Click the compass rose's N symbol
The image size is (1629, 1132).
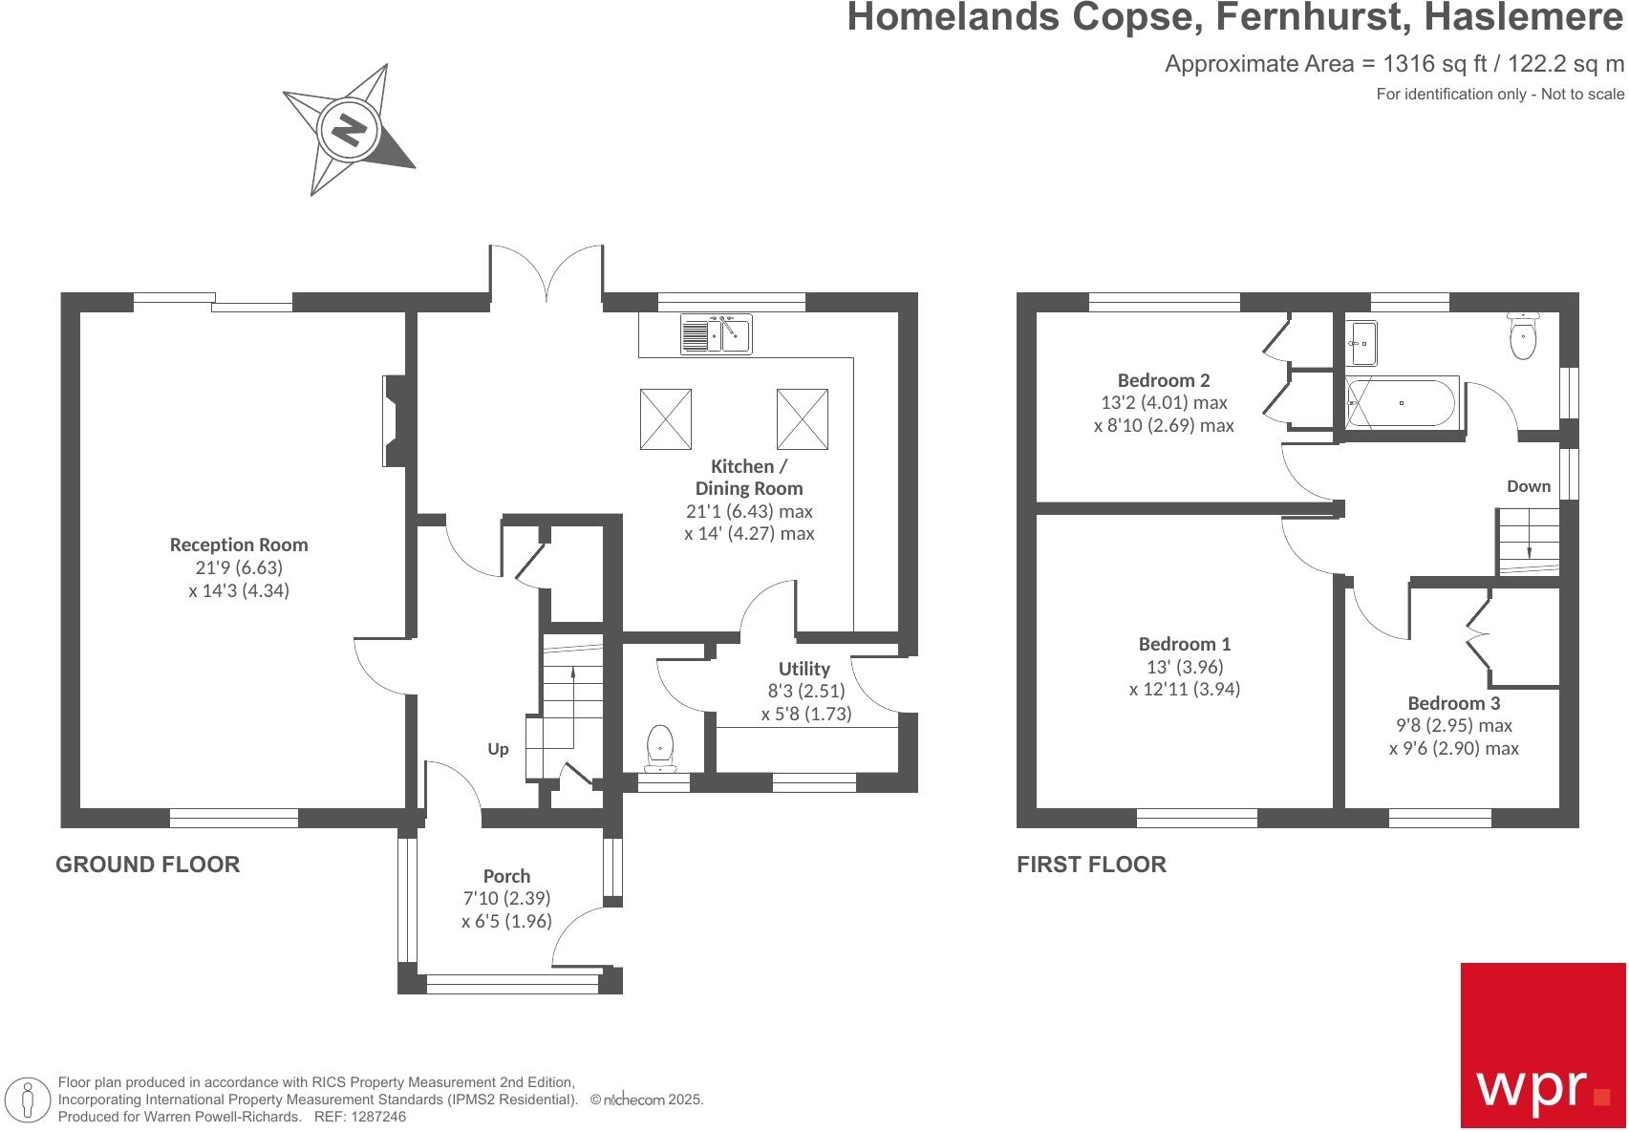[x=349, y=128]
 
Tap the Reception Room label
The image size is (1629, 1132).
[x=239, y=545]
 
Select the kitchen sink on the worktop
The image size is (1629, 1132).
[x=717, y=333]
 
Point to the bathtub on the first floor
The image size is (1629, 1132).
[x=1402, y=402]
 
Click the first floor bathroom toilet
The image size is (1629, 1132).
[x=1522, y=336]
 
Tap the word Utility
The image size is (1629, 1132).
[x=804, y=669]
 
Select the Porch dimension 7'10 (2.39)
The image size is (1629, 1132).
[x=506, y=898]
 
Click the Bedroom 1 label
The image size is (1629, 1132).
[x=1184, y=644]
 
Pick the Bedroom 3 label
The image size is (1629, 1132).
[x=1453, y=703]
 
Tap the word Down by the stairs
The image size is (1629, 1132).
[x=1528, y=486]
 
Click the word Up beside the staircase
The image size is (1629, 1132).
[x=498, y=749]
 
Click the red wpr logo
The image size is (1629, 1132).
[x=1542, y=1044]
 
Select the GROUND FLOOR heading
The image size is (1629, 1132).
[x=147, y=865]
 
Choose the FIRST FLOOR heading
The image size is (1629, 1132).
[x=1091, y=865]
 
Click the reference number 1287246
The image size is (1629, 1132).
[x=379, y=1116]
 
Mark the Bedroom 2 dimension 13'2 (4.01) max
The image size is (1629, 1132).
[x=1164, y=402]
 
